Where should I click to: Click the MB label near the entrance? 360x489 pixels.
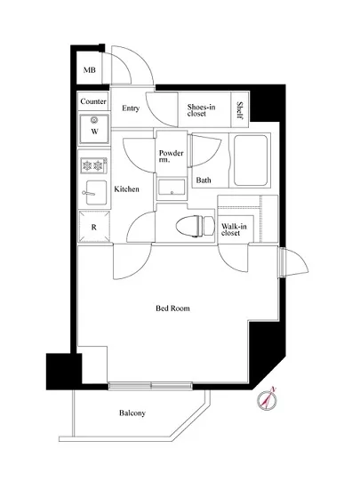click(89, 71)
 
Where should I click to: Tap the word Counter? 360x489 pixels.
click(93, 102)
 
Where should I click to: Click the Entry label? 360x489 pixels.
click(131, 109)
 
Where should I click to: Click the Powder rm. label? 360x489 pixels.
click(171, 156)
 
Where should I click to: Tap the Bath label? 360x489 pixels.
click(204, 180)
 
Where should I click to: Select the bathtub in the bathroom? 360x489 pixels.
click(251, 160)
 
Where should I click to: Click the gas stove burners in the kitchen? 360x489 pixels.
click(93, 165)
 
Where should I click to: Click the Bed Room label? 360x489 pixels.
click(173, 309)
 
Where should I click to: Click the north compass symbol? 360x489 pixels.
click(269, 400)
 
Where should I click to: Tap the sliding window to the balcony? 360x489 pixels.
click(152, 386)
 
